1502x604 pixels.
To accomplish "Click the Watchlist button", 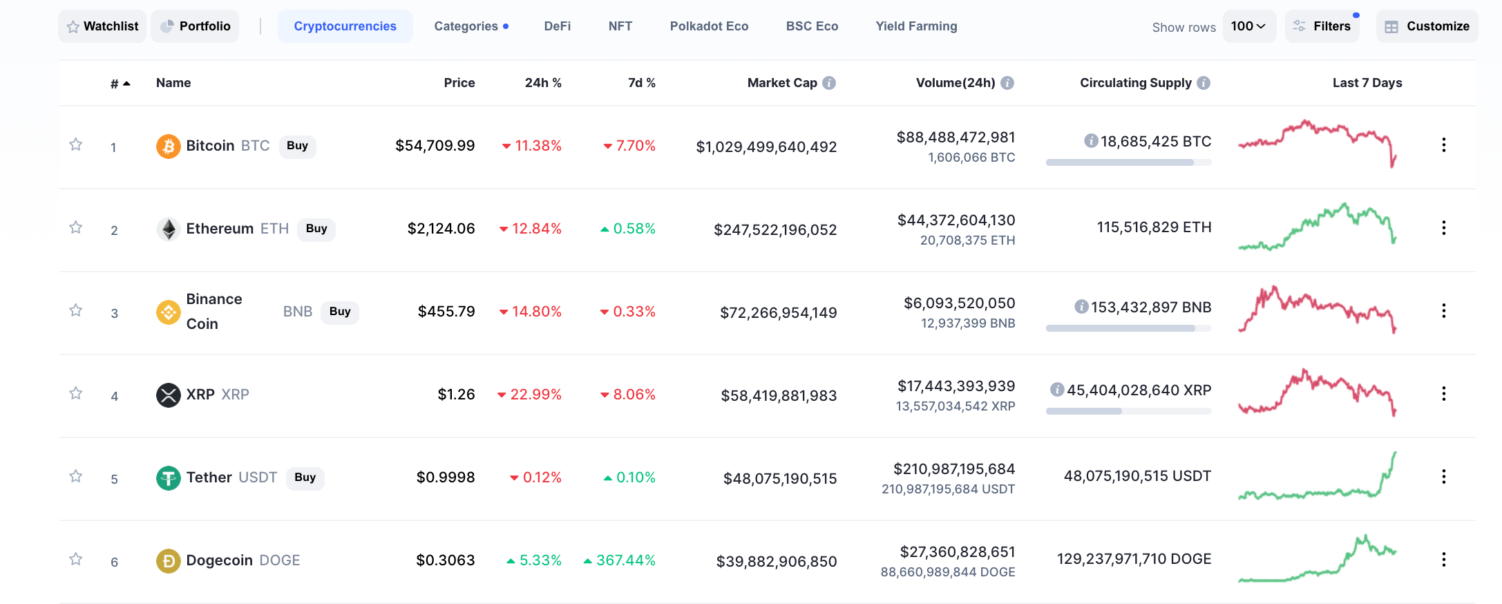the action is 102,26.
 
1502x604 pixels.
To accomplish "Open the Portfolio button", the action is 195,26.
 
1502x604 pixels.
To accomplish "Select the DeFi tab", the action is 558,26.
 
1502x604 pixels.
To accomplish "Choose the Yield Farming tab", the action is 916,26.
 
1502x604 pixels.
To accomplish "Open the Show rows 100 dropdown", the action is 1249,26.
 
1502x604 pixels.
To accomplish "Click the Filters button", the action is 1322,26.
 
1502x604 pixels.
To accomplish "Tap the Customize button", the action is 1427,26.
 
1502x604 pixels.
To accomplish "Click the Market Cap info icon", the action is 830,83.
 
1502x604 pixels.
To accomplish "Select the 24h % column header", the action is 543,83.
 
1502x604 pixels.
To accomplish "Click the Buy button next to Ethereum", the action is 316,229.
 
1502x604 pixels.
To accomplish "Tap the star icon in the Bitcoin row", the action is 76,144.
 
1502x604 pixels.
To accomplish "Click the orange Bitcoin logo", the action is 169,146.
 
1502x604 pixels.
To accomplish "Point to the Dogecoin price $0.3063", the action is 446,560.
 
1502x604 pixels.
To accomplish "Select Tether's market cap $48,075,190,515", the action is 780,478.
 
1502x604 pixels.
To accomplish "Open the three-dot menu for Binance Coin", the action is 1444,311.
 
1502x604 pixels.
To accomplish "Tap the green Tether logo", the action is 169,478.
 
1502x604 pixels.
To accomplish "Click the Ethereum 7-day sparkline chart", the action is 1318,227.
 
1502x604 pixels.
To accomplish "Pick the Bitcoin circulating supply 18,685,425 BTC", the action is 1156,142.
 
